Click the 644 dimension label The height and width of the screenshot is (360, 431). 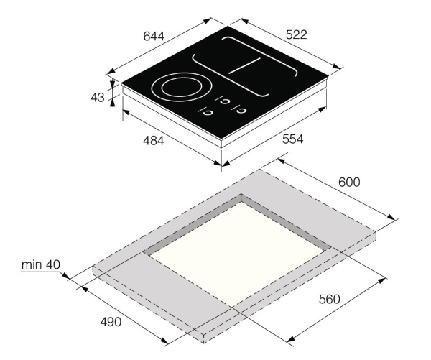point(154,37)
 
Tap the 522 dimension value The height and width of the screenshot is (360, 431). point(296,35)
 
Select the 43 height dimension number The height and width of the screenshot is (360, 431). point(98,97)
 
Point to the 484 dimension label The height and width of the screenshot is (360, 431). point(154,141)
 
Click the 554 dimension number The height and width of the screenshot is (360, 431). point(293,139)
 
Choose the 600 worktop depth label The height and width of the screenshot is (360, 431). point(349,182)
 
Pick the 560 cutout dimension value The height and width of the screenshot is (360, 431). point(330,299)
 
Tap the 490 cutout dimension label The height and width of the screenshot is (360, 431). point(111,322)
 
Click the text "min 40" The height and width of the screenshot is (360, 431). point(41,264)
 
